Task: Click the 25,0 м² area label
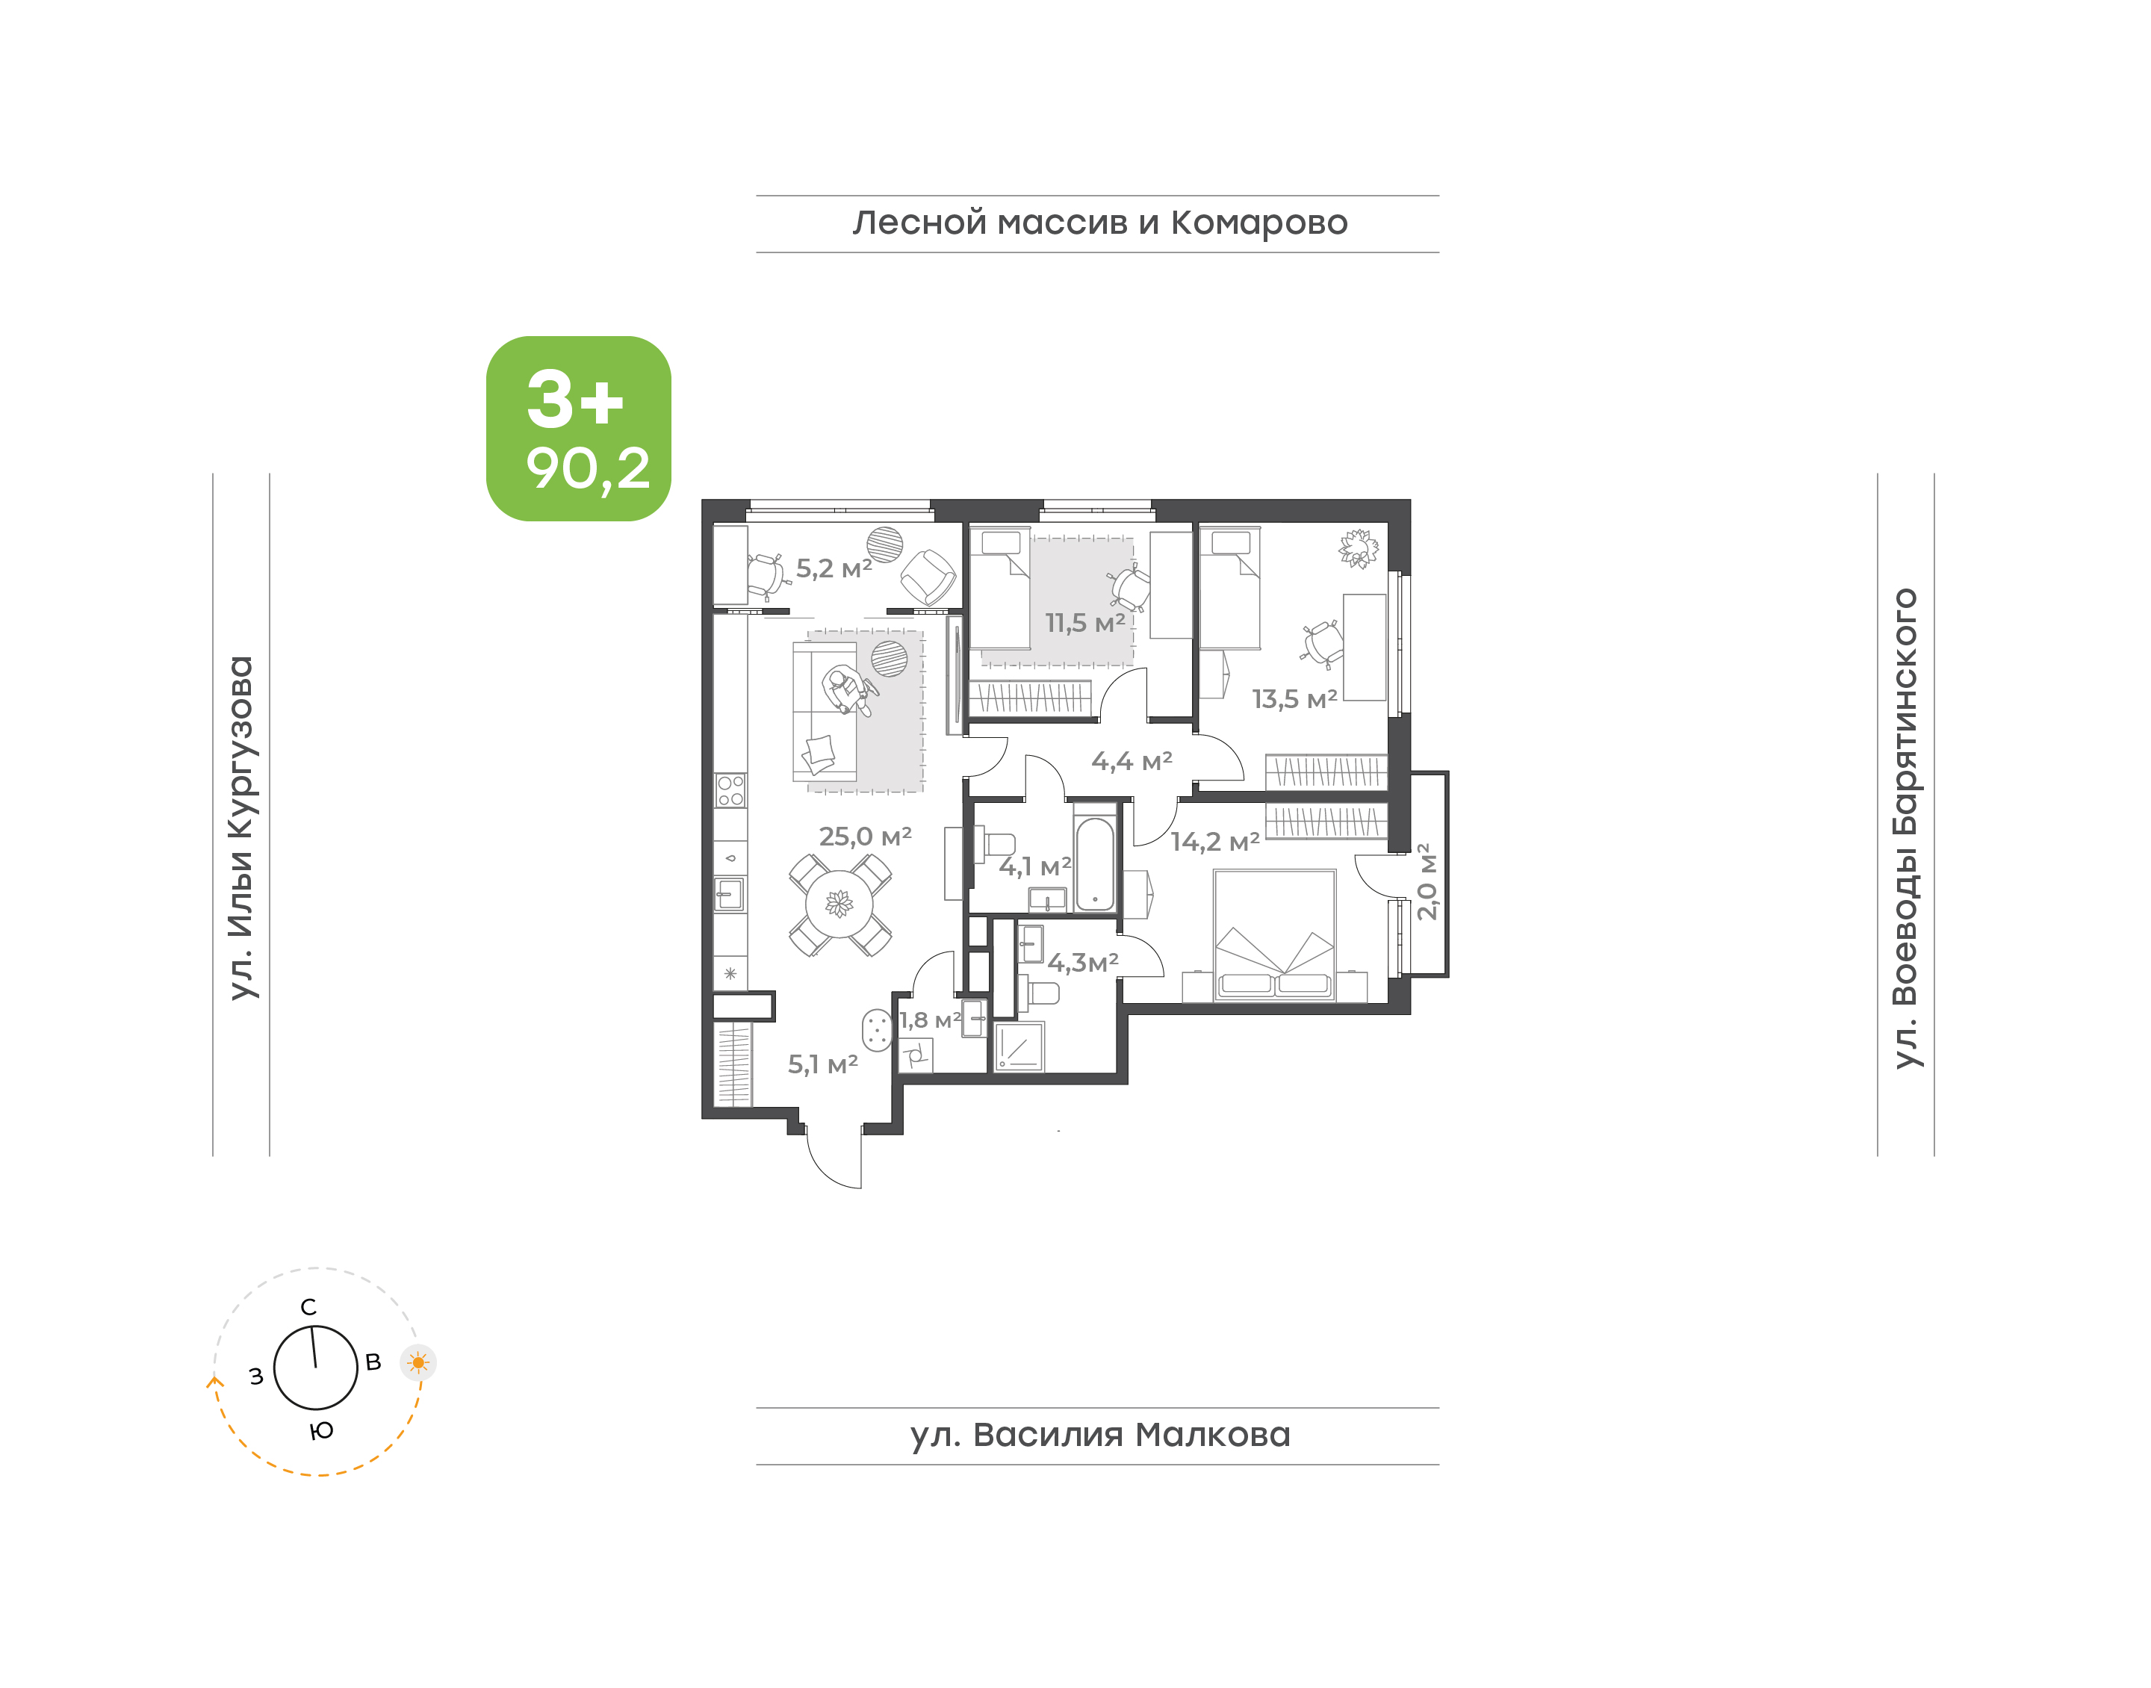[865, 837]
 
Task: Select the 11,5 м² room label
[1085, 624]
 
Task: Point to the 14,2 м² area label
[1215, 842]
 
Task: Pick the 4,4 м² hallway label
[1132, 762]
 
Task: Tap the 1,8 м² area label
[930, 1020]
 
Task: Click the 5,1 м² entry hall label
[822, 1064]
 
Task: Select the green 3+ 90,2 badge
[578, 428]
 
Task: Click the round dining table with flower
[839, 903]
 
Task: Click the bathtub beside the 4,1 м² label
[1095, 863]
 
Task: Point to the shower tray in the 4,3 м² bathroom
[1019, 1046]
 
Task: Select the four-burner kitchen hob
[730, 791]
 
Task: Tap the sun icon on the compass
[418, 1363]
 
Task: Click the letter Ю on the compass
[321, 1431]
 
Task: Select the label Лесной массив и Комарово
[1099, 223]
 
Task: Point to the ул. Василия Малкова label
[1099, 1435]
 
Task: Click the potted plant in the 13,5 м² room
[1359, 548]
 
